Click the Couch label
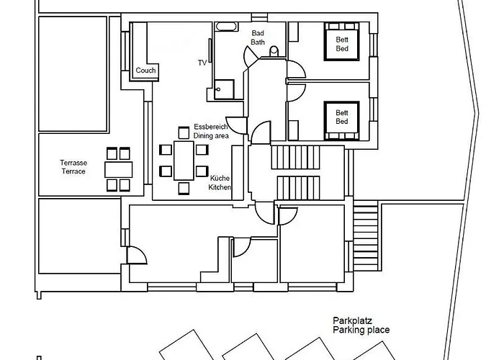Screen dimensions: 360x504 [146, 71]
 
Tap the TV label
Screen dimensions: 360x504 [202, 63]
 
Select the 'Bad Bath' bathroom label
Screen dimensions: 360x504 [258, 38]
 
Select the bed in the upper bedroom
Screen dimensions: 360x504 [341, 45]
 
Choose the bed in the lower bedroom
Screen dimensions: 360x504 [341, 117]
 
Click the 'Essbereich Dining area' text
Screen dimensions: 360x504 [211, 130]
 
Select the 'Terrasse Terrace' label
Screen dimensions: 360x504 [73, 168]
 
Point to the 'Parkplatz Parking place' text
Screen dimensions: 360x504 [361, 325]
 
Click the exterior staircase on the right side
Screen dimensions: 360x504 [366, 226]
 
